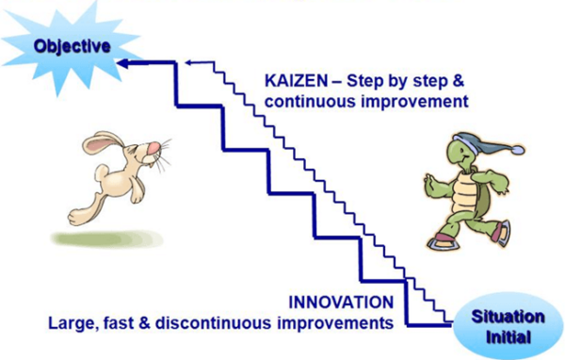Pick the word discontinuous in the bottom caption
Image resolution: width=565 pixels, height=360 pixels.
click(x=239, y=323)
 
